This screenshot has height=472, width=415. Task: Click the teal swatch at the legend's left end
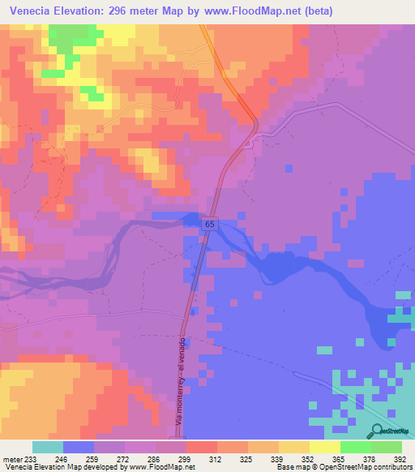pyautogui.click(x=48, y=447)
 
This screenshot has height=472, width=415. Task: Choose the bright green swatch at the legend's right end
pyautogui.click(x=387, y=447)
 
